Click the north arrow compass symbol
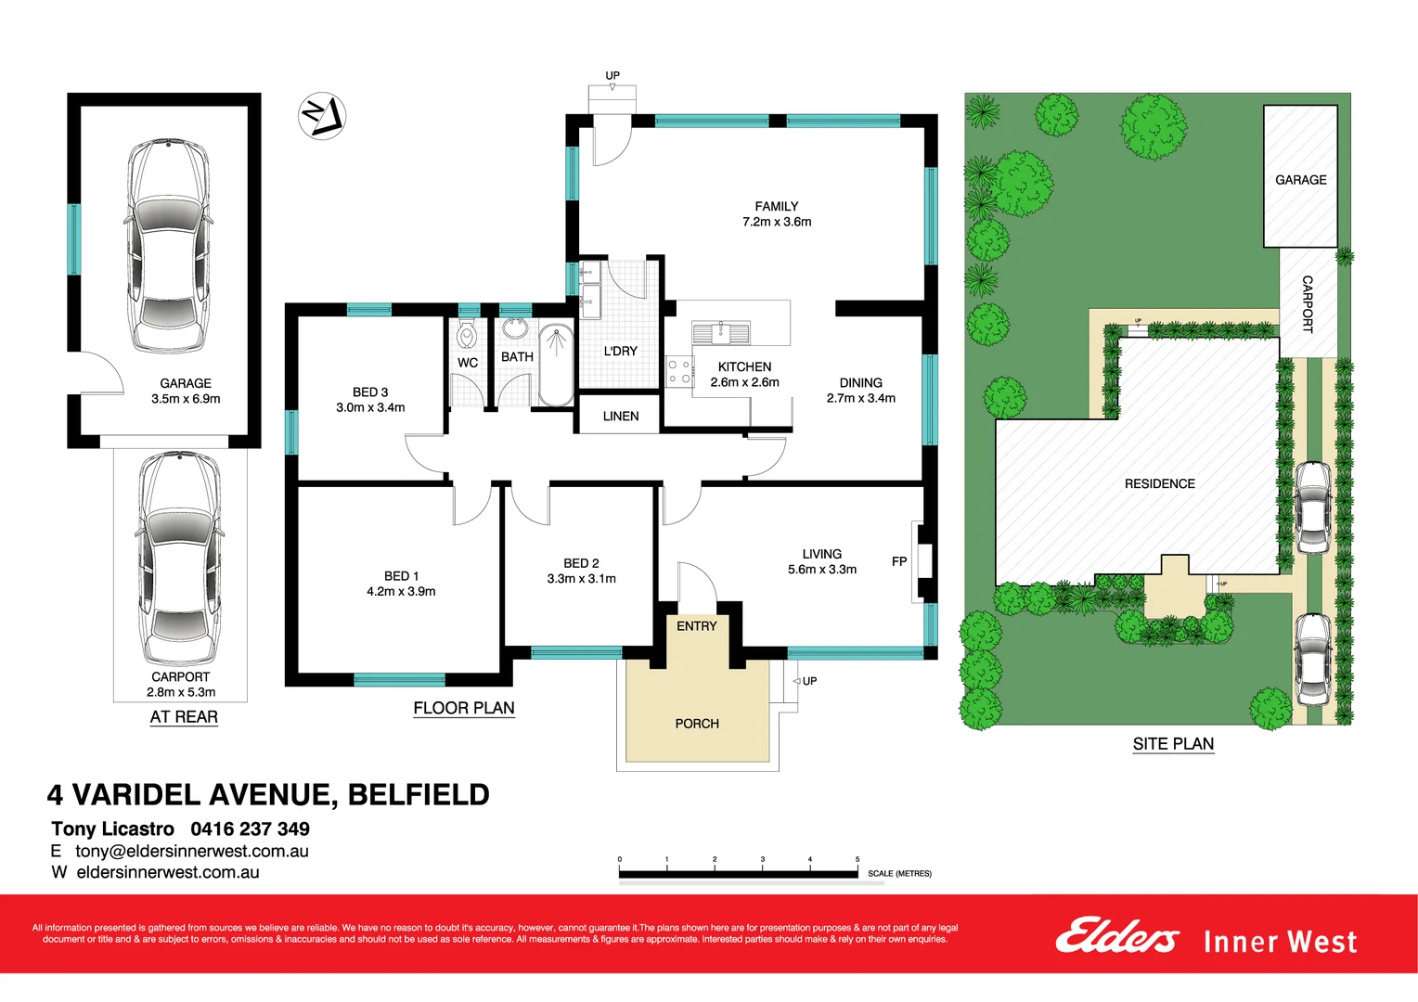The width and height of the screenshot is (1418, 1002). (322, 116)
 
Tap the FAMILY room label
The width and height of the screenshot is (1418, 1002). (777, 207)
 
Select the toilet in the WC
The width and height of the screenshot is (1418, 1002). (467, 333)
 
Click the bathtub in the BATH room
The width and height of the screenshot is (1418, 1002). (556, 365)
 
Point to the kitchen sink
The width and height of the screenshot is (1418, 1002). (720, 330)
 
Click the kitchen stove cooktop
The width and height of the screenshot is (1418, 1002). (679, 372)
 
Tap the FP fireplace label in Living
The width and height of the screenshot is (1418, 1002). (899, 561)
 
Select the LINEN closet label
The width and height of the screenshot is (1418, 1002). (620, 417)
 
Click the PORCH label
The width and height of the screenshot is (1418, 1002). (697, 724)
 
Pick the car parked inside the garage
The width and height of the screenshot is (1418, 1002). (167, 245)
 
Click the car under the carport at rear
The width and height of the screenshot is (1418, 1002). (179, 557)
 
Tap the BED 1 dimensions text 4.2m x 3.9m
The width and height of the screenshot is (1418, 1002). (401, 591)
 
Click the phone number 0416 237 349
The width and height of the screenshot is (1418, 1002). (250, 829)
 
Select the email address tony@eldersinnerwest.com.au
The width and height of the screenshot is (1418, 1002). (192, 851)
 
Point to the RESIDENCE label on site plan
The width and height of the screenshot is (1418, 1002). (1159, 484)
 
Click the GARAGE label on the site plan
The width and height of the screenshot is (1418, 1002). (1300, 180)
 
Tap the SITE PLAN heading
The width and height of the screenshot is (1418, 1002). (1173, 744)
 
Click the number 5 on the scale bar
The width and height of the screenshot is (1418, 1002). (857, 859)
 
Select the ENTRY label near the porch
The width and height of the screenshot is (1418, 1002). (696, 626)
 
